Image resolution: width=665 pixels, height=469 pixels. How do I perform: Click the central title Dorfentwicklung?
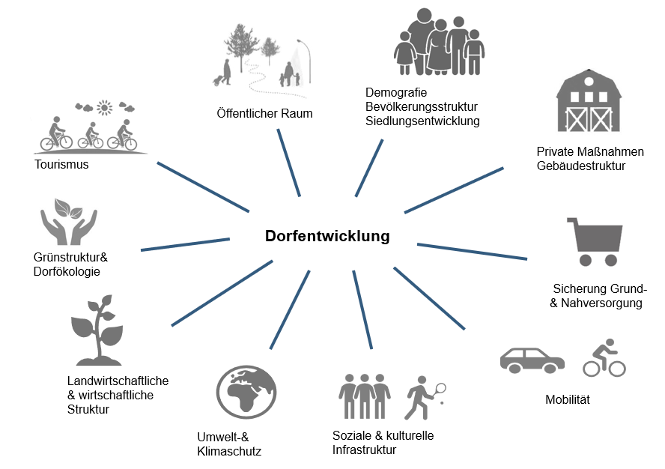pyautogui.click(x=327, y=237)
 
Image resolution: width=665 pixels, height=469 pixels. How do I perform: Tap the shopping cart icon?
pyautogui.click(x=597, y=241)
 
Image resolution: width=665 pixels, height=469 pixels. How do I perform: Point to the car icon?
pyautogui.click(x=532, y=360)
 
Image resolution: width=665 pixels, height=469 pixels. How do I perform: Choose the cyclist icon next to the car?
pyautogui.click(x=604, y=358)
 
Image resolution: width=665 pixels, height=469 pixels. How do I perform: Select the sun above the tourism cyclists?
pyautogui.click(x=104, y=109)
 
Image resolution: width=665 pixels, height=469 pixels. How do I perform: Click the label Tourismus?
pyautogui.click(x=61, y=164)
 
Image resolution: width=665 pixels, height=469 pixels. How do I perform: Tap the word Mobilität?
pyautogui.click(x=568, y=399)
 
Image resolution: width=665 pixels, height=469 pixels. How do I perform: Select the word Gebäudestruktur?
pyautogui.click(x=580, y=166)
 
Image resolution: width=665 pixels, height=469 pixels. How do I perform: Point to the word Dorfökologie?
pyautogui.click(x=67, y=271)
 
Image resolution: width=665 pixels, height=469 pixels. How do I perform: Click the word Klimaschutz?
pyautogui.click(x=229, y=451)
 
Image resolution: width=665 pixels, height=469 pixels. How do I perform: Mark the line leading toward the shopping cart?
pyautogui.click(x=472, y=251)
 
